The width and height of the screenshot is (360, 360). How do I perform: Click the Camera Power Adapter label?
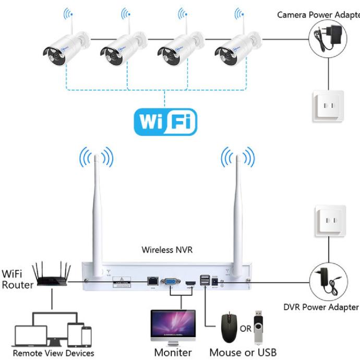point(318,15)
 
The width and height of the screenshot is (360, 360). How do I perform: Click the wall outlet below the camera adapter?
point(328,106)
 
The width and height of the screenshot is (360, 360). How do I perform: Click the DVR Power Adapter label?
point(321,307)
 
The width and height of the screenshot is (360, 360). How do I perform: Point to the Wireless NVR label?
point(167,249)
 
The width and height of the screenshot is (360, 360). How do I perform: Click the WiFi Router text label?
point(17,279)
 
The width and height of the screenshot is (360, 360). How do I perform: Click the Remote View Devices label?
point(53,353)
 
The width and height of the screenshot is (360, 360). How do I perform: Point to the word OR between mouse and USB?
point(245,329)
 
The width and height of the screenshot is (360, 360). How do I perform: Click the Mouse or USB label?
point(243,352)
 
